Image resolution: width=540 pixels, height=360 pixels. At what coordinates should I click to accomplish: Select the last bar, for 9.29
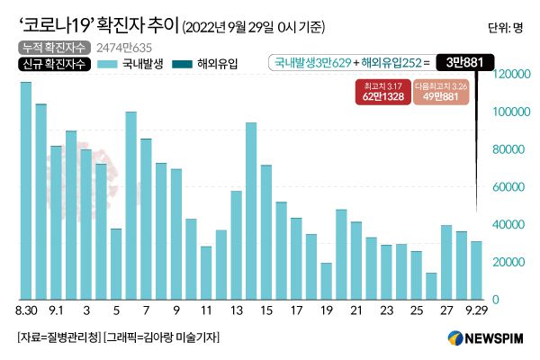[476, 270]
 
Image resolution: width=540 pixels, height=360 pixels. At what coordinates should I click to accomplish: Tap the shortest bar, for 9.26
[431, 286]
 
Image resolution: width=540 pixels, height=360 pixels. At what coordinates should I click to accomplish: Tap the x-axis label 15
[266, 310]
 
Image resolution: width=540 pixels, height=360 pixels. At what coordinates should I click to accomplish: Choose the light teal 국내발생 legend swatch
[112, 65]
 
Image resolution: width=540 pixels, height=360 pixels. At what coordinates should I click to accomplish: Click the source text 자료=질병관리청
[57, 337]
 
